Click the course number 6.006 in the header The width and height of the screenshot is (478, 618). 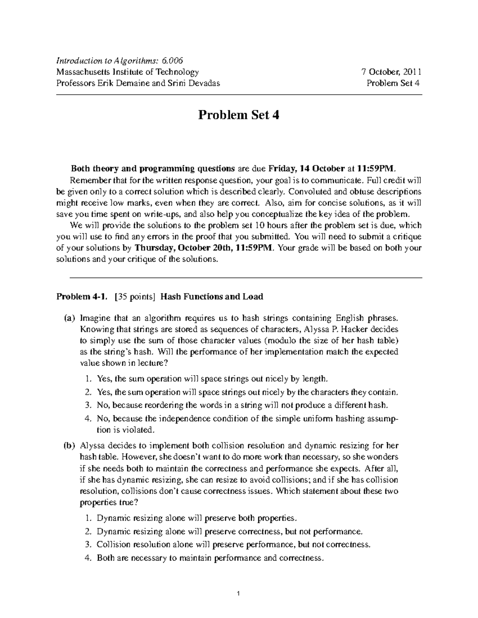pos(172,60)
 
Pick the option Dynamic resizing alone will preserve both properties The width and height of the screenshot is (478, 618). pos(197,518)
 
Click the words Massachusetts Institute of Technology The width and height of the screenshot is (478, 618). pos(127,72)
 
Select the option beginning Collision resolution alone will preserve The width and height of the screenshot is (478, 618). pos(233,544)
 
